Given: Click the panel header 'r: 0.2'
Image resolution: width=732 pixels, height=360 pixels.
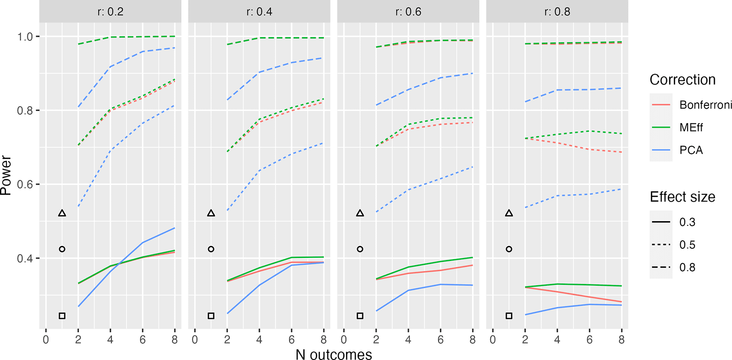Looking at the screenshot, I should pos(110,12).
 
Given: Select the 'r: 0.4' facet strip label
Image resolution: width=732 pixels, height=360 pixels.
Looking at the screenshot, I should pos(259,12).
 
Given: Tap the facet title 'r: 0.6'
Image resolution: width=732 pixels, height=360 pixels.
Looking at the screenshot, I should pos(408,12).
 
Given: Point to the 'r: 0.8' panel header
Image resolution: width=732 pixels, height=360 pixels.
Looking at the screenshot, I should pos(557,12).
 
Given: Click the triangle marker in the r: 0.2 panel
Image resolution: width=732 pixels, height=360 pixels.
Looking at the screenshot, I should pos(62,213).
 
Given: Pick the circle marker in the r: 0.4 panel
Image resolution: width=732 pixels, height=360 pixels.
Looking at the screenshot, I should pos(211,249).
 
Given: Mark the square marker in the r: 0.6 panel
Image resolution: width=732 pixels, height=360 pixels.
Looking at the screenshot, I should pos(360,316).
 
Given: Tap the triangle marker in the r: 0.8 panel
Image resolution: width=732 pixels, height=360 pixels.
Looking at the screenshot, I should pos(509,213).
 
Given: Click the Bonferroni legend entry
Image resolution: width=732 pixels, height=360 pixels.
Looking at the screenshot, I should pos(706,105).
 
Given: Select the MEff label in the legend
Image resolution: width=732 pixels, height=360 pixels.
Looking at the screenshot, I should pos(691,128).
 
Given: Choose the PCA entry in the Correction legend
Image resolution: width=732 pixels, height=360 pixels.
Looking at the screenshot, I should pos(691,150).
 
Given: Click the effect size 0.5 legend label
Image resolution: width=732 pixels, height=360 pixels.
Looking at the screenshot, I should pos(687,245).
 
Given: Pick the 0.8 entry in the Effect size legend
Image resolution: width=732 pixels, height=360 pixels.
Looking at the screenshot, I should pos(687,268).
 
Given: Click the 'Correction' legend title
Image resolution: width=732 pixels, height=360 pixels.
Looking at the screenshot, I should pos(682,80).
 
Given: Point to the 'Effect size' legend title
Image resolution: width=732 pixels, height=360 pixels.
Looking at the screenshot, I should pos(682,197).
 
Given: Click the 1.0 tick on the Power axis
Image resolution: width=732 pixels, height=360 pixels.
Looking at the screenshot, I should pos(25,37).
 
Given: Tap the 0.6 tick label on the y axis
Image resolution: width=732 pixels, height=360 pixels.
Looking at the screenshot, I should pos(25,184).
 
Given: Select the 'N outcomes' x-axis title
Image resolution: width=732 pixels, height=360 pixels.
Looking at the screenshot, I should pos(334,354).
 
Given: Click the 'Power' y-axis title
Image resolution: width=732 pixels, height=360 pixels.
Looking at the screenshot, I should pos(6,175).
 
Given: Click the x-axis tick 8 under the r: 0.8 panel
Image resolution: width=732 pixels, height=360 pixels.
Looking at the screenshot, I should pos(621,340).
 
